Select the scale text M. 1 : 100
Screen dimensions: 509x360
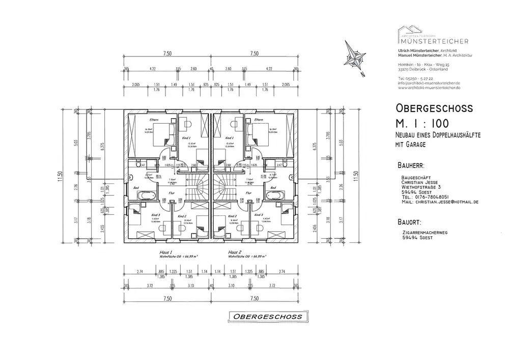tap(427, 123)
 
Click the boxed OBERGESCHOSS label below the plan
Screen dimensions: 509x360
tap(268, 317)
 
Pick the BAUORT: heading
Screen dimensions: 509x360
tap(408, 222)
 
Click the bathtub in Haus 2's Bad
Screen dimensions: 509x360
tap(277, 196)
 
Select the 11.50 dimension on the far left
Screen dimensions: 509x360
tap(60, 176)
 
